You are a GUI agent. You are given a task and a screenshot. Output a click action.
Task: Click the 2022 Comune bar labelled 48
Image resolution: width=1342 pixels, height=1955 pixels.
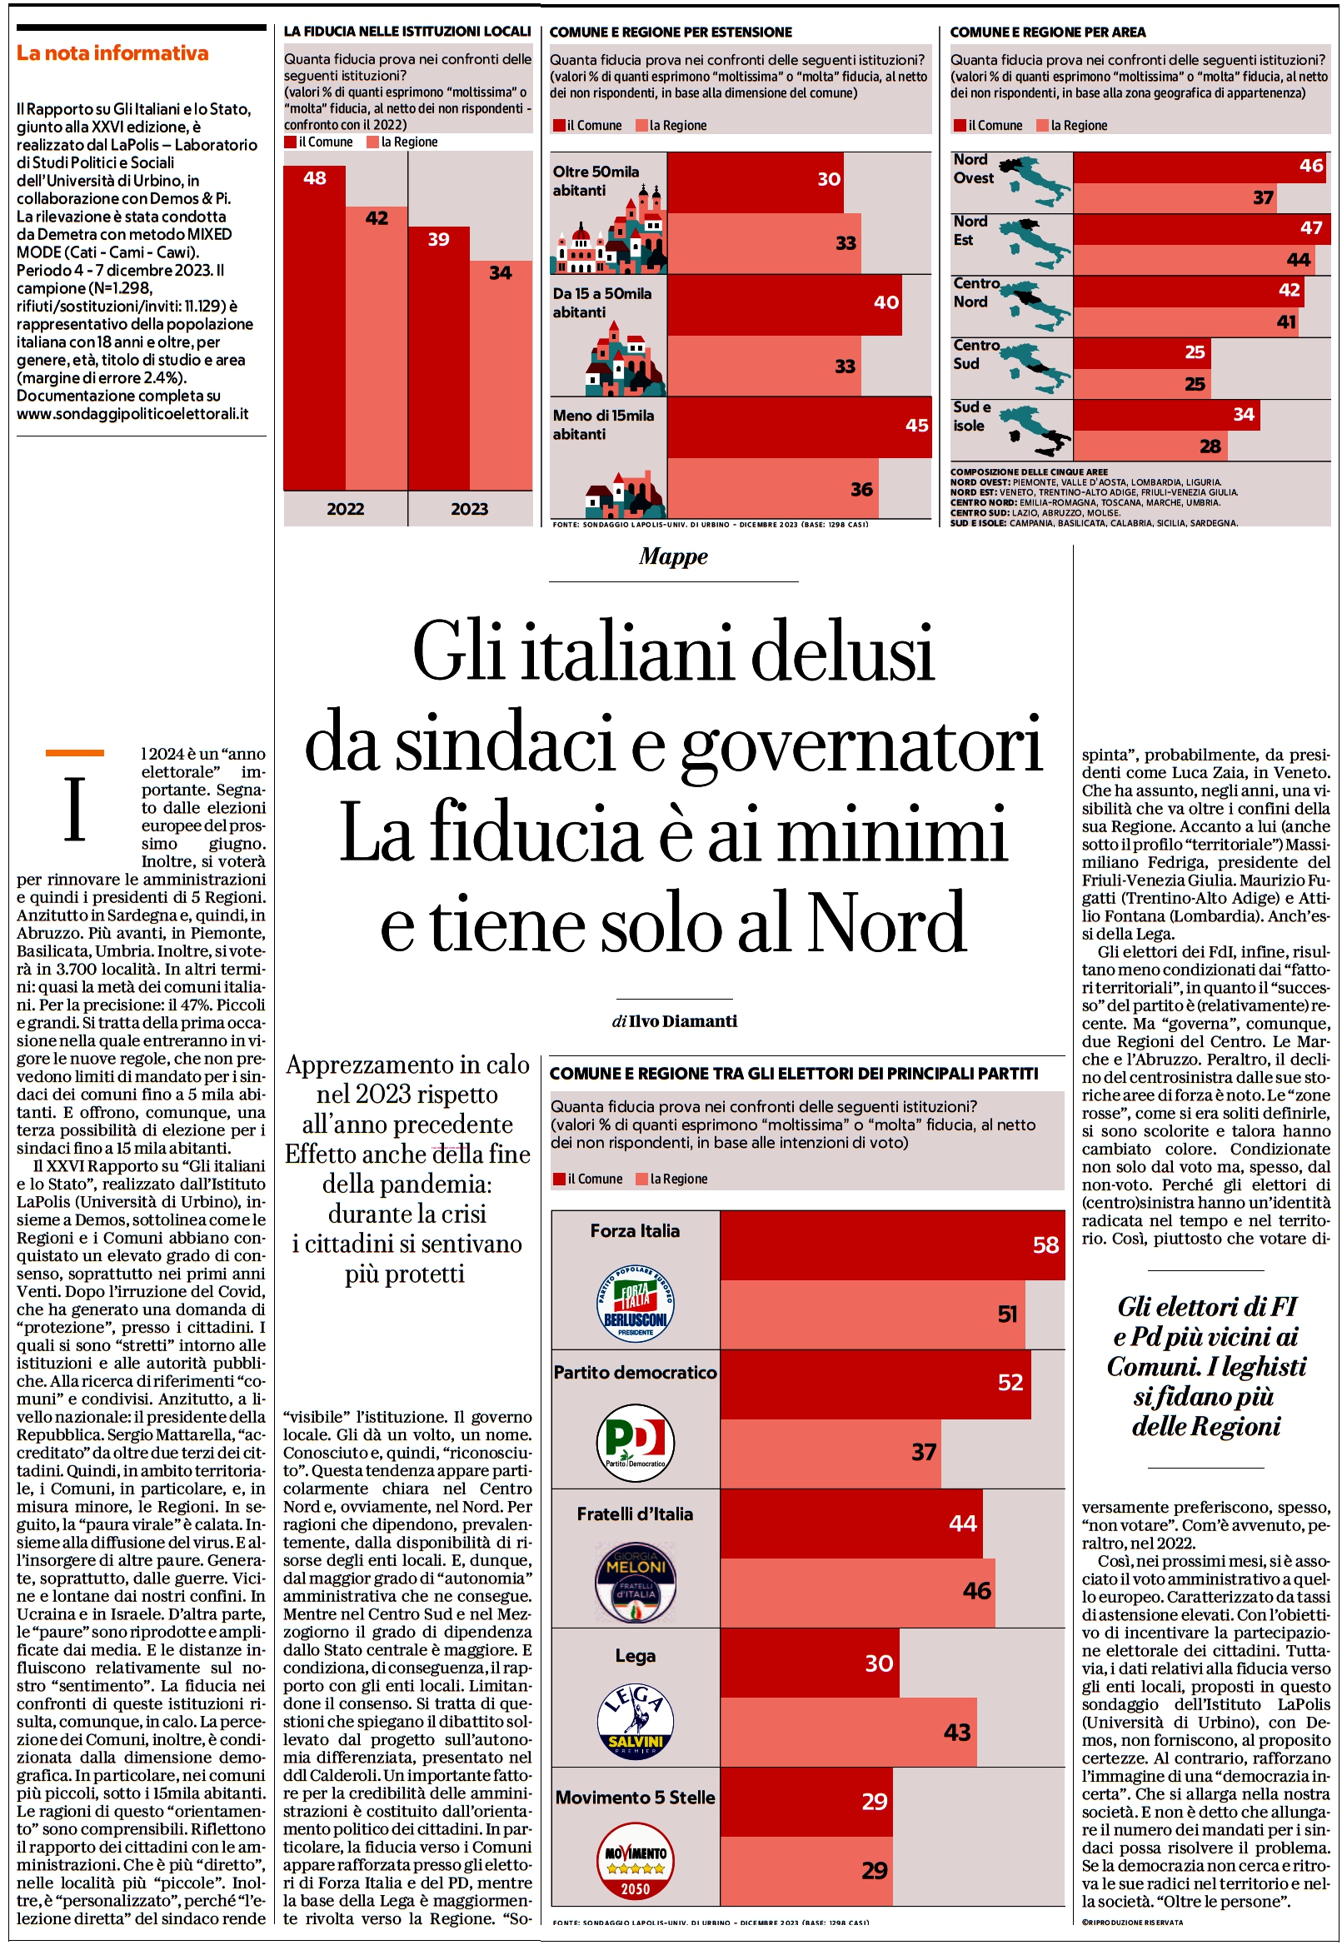point(314,328)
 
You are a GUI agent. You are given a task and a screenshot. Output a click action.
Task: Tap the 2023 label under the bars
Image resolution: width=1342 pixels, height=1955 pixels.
point(470,509)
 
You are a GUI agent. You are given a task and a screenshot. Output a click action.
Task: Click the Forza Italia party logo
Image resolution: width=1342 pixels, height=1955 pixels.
point(636,1301)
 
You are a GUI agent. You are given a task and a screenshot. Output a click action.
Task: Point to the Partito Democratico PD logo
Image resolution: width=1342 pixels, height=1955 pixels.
point(636,1442)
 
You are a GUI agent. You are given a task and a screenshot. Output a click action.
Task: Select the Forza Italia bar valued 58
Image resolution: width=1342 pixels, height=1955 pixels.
point(892,1246)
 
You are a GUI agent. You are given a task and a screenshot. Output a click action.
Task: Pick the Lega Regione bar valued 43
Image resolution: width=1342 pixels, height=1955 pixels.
point(848,1732)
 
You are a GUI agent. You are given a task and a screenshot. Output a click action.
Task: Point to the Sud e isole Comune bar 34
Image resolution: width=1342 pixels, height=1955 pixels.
point(1166,415)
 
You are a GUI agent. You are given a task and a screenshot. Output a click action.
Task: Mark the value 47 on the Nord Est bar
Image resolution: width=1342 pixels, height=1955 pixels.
point(1311,227)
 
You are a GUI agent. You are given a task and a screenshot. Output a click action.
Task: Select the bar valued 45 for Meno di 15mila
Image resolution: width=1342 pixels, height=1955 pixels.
point(800,427)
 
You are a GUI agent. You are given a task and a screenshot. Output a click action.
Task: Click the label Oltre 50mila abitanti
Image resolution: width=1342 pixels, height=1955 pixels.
point(596,181)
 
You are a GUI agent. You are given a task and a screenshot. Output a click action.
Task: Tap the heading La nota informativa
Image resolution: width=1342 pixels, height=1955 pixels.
point(112,53)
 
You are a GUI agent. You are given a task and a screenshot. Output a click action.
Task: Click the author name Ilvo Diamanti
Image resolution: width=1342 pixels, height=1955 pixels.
point(682,1021)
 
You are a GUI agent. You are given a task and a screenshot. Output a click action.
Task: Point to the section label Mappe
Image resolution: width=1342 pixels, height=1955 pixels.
point(673,556)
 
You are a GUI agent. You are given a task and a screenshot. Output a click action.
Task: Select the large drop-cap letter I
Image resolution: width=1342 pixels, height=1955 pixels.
point(75,810)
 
